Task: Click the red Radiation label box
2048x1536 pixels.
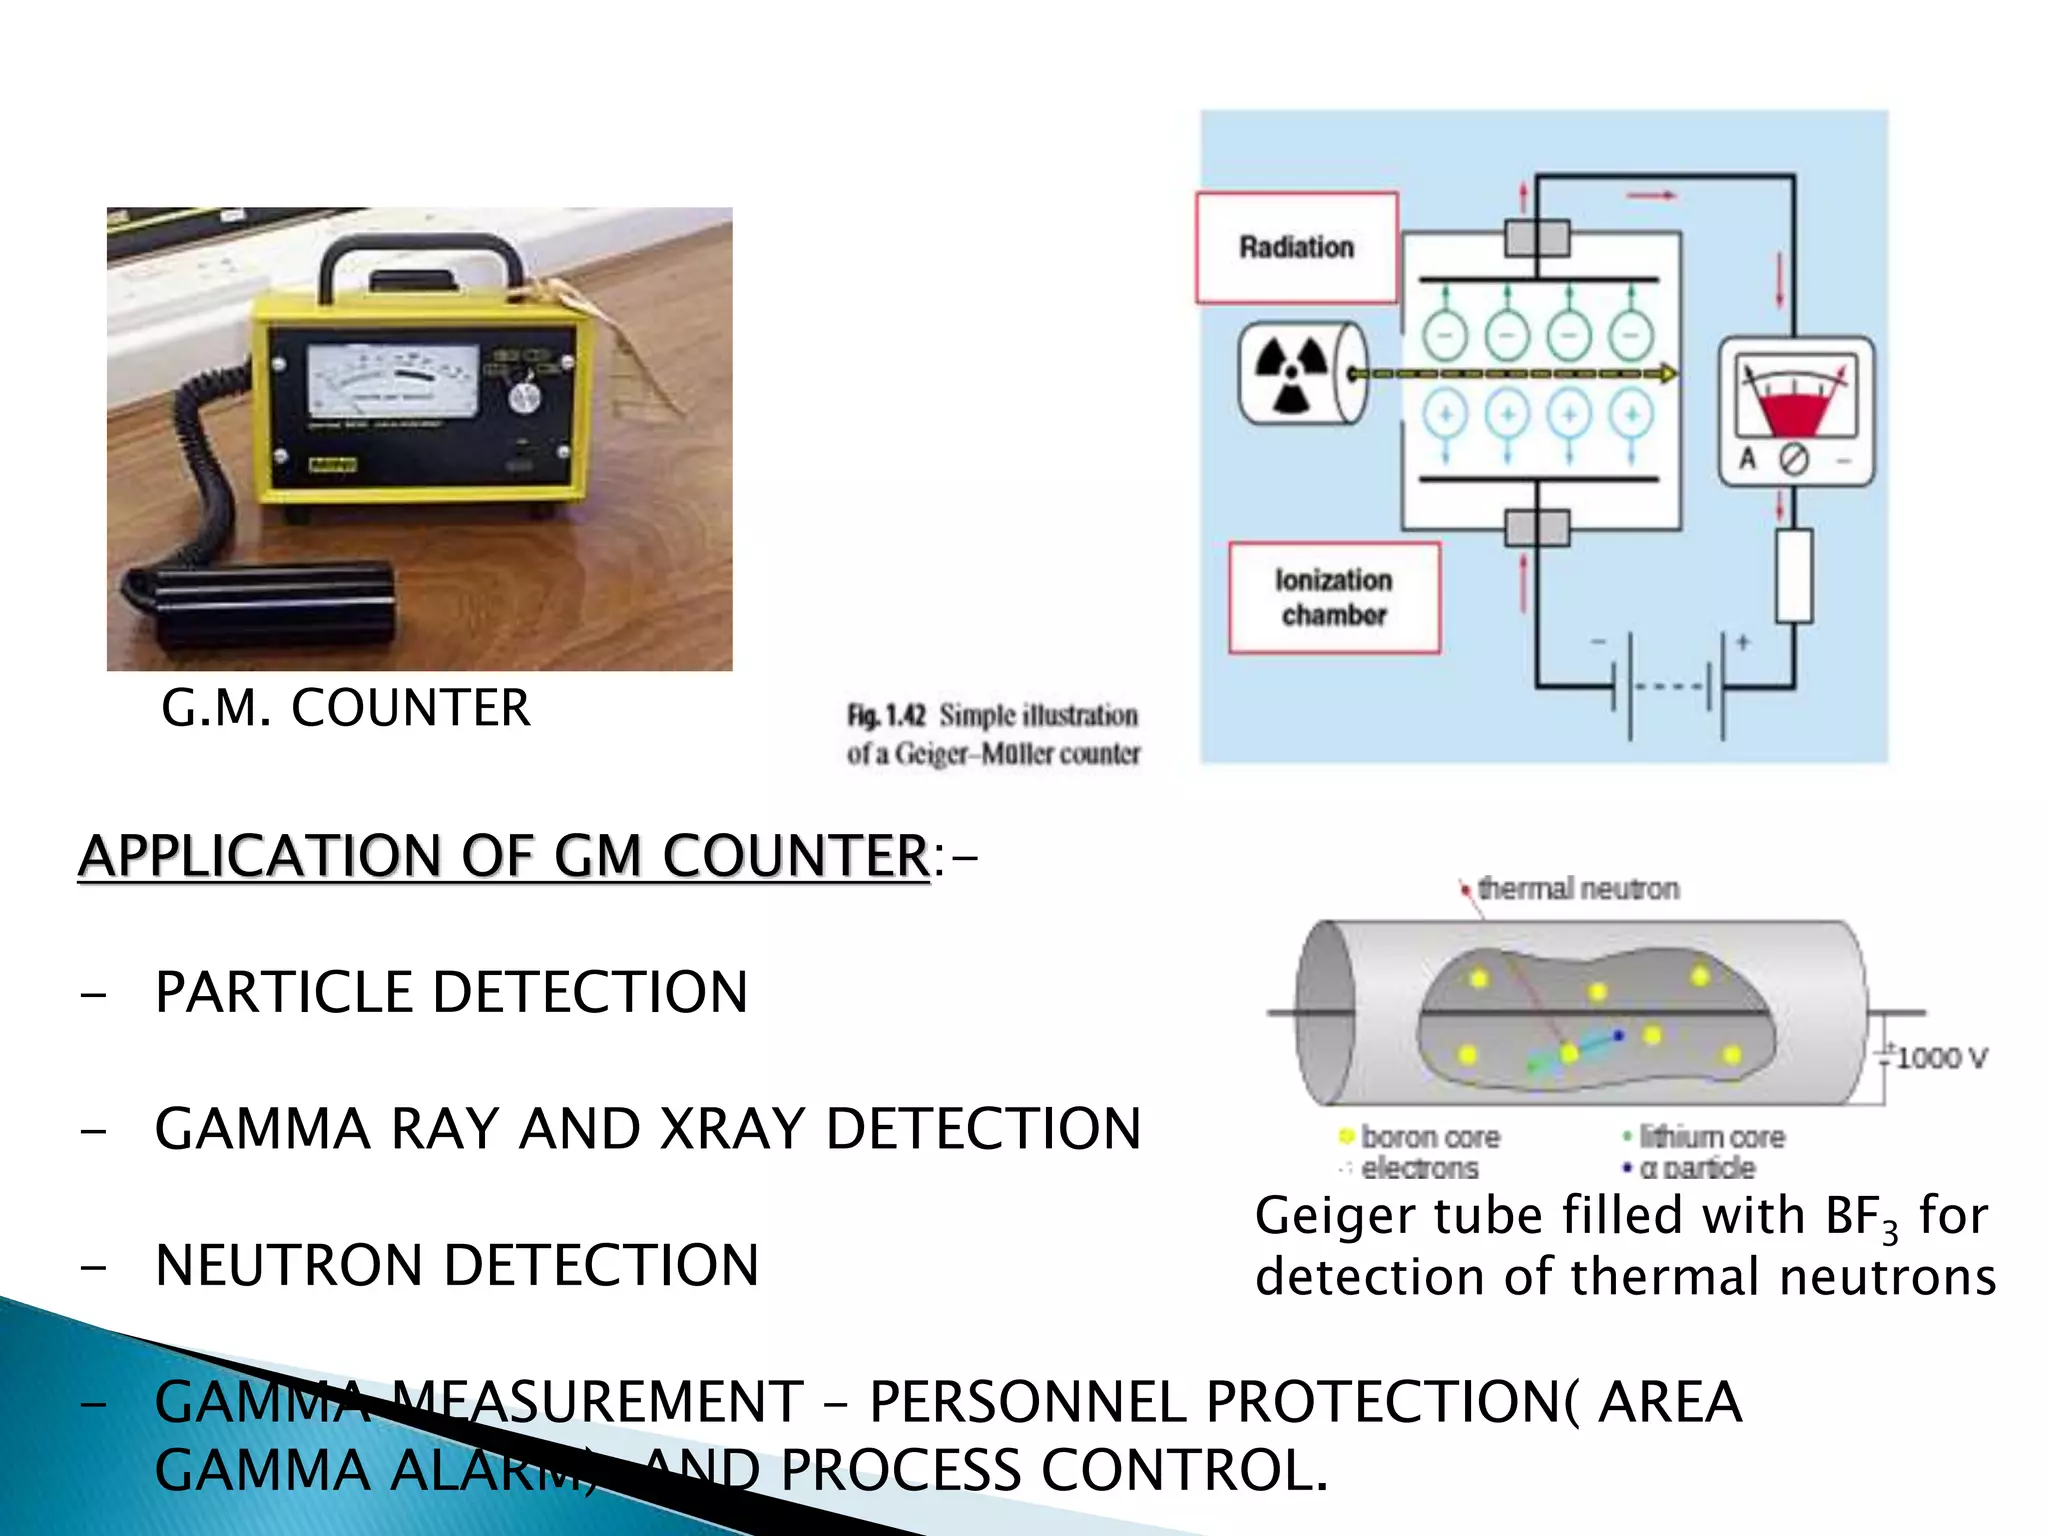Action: point(1296,247)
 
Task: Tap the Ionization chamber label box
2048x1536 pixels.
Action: point(1334,598)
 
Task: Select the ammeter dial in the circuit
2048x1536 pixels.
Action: point(1795,411)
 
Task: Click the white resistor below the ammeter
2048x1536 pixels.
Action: point(1794,577)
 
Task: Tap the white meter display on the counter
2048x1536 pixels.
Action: point(393,380)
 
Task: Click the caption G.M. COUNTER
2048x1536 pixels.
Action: point(346,708)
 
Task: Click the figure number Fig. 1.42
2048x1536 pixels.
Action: point(887,716)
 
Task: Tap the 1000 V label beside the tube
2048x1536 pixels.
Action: point(1941,1058)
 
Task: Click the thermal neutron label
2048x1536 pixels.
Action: point(1577,888)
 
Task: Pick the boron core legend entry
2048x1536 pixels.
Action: point(1428,1137)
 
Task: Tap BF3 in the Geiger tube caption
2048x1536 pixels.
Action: point(1860,1218)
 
